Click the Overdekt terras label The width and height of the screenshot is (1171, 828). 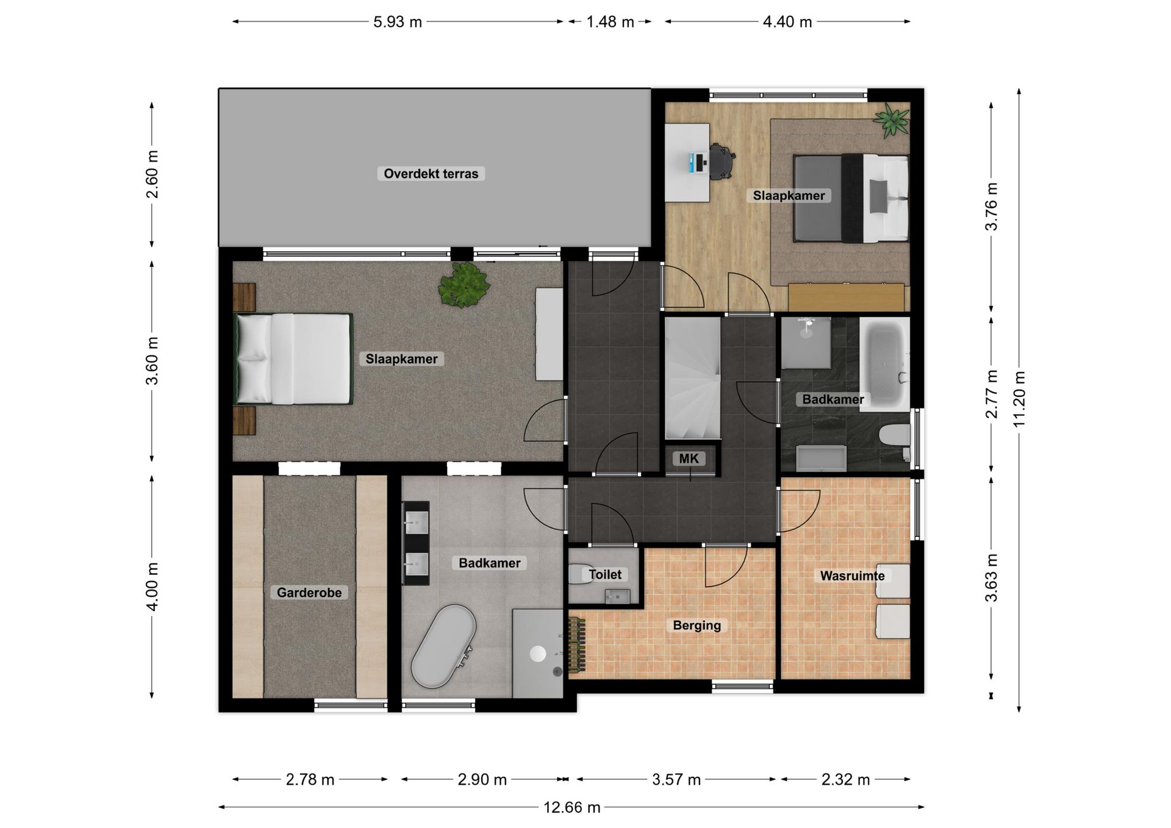[431, 174]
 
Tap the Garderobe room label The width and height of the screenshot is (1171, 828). [309, 593]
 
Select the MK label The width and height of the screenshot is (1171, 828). [689, 459]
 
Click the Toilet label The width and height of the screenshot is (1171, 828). [605, 574]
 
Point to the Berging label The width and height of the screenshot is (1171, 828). [697, 625]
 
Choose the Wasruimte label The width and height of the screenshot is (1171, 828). [852, 576]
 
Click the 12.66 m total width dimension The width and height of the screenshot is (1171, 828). [571, 807]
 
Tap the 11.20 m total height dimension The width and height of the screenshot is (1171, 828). [1019, 399]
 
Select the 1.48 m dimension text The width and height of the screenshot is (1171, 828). [610, 22]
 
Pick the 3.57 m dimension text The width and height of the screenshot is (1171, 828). [676, 779]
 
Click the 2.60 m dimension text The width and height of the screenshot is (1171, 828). [152, 174]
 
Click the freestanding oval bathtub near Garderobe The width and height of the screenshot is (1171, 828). [444, 646]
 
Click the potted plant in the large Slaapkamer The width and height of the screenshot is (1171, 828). [464, 285]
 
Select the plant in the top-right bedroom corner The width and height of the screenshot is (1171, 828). [892, 120]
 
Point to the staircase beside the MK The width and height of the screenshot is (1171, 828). [693, 378]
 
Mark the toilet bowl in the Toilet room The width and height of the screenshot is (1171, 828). [580, 574]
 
